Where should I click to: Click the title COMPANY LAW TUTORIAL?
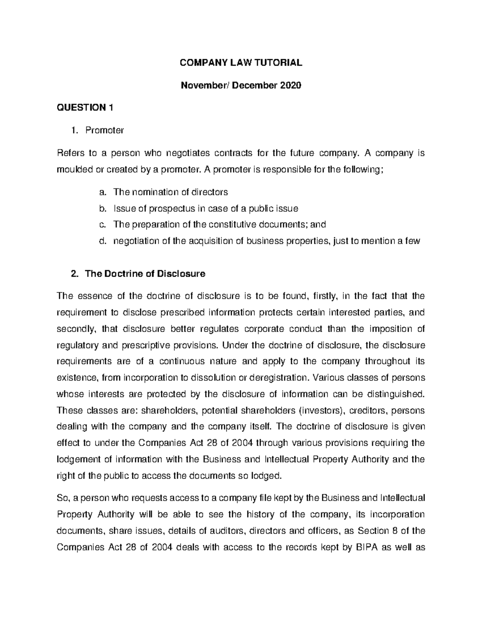(241, 63)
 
